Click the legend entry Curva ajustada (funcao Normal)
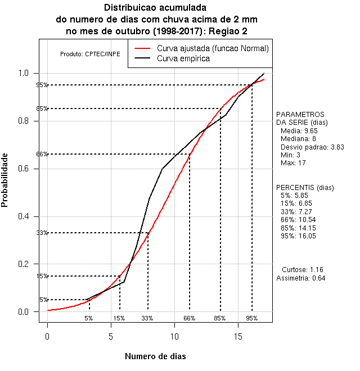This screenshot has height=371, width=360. pyautogui.click(x=213, y=48)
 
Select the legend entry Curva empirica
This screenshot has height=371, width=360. pyautogui.click(x=183, y=58)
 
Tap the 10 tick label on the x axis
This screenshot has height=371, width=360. pyautogui.click(x=174, y=336)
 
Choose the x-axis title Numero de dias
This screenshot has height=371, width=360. pyautogui.click(x=155, y=356)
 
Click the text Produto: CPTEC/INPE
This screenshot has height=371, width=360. pyautogui.click(x=90, y=54)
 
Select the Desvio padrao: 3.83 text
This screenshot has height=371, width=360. pyautogui.click(x=308, y=146)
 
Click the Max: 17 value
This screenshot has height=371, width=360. pyautogui.click(x=293, y=163)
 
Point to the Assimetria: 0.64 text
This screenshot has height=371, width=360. pyautogui.click(x=301, y=278)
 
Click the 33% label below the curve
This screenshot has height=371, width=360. pyautogui.click(x=147, y=318)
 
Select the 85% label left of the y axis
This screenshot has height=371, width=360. pyautogui.click(x=42, y=108)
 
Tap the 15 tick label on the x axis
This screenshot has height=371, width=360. pyautogui.click(x=238, y=336)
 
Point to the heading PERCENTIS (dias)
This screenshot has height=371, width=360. pyautogui.click(x=305, y=187)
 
